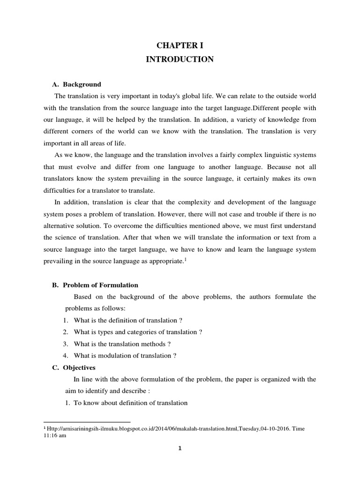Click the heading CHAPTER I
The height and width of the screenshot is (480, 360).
pos(180,45)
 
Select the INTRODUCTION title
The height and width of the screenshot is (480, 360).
pos(180,60)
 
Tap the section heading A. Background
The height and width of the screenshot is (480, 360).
pos(76,84)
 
